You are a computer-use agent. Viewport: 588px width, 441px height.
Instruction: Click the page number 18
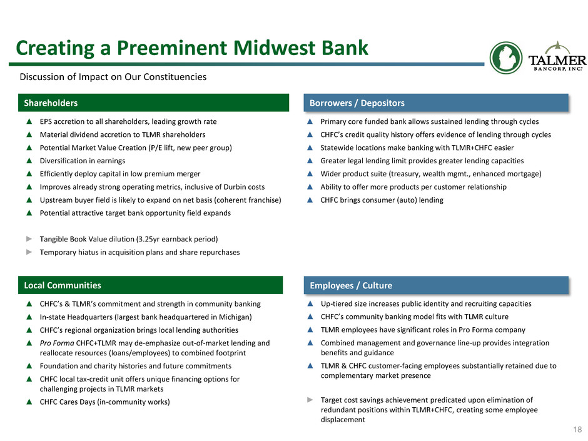(x=577, y=430)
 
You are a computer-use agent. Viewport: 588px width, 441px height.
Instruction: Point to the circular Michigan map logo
(x=506, y=58)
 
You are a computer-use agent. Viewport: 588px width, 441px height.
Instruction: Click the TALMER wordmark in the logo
(x=557, y=61)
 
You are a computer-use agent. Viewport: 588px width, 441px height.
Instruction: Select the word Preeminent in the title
(x=172, y=48)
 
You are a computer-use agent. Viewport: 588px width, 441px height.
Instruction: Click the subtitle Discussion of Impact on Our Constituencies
(x=113, y=77)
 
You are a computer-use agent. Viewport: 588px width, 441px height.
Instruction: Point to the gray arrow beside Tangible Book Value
(x=29, y=239)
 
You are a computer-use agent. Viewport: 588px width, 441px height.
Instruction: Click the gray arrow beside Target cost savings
(x=310, y=400)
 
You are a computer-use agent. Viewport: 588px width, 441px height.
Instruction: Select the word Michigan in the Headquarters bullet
(x=234, y=317)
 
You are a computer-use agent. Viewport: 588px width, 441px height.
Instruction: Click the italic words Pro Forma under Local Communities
(x=57, y=343)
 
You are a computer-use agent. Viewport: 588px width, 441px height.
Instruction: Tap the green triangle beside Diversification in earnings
(x=29, y=161)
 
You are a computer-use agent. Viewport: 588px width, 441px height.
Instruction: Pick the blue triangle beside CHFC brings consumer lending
(x=310, y=200)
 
